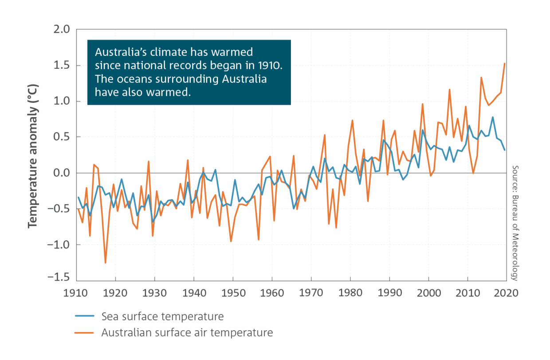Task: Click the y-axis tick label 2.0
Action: pyautogui.click(x=62, y=29)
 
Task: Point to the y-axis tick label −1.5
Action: pyautogui.click(x=59, y=277)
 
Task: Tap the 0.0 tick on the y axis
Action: pyautogui.click(x=62, y=173)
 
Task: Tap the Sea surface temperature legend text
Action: pyautogui.click(x=162, y=316)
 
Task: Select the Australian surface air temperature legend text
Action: pyautogui.click(x=187, y=332)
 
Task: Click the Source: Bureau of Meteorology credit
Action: pyautogui.click(x=515, y=223)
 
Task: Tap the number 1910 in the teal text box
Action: pyautogui.click(x=269, y=66)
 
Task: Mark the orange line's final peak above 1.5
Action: pyautogui.click(x=505, y=63)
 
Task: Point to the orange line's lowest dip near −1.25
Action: pyautogui.click(x=106, y=263)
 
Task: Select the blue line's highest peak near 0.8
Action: pyautogui.click(x=493, y=117)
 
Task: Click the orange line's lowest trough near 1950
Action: pyautogui.click(x=231, y=241)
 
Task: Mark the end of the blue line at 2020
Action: pyautogui.click(x=505, y=150)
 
